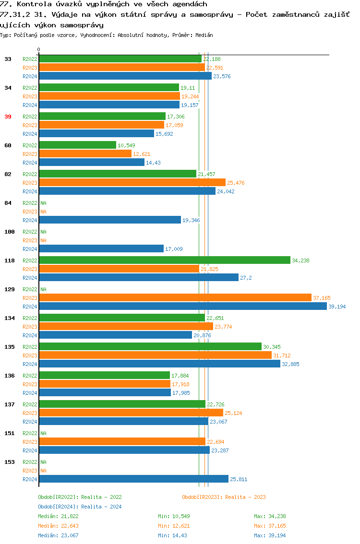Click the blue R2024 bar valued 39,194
click(x=182, y=307)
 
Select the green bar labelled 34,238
click(x=165, y=260)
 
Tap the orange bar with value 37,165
click(x=175, y=298)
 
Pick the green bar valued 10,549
click(x=77, y=145)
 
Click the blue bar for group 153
click(x=133, y=479)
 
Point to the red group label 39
click(x=8, y=117)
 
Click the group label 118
click(x=10, y=260)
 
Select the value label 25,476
click(x=235, y=183)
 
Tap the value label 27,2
click(x=246, y=278)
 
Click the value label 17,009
click(x=174, y=249)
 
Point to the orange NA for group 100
click(x=43, y=240)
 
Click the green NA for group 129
click(x=43, y=289)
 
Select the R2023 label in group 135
click(x=30, y=355)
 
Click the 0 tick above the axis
click(x=39, y=49)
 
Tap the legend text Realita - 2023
click(x=245, y=497)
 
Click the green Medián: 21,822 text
click(x=58, y=516)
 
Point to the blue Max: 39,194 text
click(x=270, y=535)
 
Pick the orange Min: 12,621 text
click(x=174, y=526)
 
